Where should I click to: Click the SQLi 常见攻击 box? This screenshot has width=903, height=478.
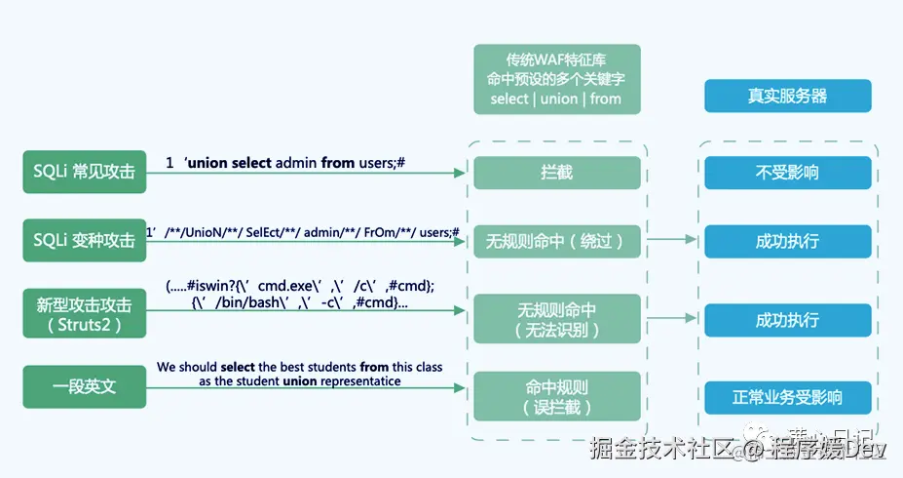coord(85,172)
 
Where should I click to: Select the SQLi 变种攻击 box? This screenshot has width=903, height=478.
coord(85,240)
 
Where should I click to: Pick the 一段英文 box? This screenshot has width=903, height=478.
coord(85,386)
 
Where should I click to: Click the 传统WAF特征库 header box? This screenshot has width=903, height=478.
coord(556,78)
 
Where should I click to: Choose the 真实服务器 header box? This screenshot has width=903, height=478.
coord(787,97)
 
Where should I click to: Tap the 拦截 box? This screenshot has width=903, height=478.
coord(556,173)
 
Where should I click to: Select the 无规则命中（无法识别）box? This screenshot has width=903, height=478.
coord(556,320)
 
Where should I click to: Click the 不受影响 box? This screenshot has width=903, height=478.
coord(787,173)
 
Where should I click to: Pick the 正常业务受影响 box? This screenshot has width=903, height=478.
coord(787,397)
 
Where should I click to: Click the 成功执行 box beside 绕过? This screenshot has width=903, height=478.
coord(787,241)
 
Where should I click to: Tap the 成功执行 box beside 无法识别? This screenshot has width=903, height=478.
coord(787,320)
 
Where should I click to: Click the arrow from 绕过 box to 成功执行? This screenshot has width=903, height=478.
coord(672,238)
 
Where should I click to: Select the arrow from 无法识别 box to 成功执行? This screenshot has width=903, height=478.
coord(672,317)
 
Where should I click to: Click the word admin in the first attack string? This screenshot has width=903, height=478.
coord(296,163)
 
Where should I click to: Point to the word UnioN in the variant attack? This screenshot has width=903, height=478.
coord(206,232)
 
